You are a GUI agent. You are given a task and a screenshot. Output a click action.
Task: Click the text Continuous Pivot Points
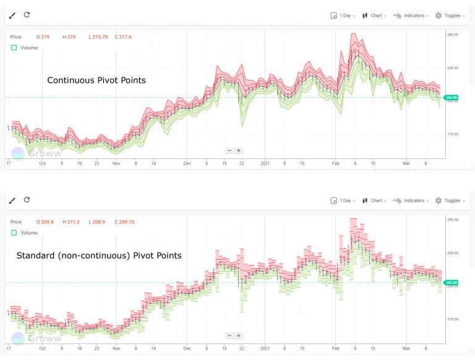96,80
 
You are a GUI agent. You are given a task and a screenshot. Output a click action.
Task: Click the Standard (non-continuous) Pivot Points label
99,255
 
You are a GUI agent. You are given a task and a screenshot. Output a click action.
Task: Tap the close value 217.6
127,37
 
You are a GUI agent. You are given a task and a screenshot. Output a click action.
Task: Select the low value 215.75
100,37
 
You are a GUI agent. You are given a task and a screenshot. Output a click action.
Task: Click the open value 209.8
46,222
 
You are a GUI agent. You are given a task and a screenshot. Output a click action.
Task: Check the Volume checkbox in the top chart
14,48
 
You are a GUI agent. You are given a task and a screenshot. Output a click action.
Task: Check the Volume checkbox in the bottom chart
14,233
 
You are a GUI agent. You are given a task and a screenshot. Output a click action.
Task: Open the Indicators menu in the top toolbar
410,15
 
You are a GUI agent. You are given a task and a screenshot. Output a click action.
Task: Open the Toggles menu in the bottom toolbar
449,200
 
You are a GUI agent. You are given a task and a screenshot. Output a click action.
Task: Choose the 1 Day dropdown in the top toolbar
342,15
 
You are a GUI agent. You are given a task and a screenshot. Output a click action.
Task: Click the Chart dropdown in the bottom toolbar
375,200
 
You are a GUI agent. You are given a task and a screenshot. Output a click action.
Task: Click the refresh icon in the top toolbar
27,15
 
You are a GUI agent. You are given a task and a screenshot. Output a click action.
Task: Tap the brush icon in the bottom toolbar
12,200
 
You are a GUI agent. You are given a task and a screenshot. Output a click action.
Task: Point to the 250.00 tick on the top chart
453,35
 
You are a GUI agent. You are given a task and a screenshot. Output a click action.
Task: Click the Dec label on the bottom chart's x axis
188,349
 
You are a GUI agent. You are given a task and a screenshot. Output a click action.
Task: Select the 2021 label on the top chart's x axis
265,164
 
